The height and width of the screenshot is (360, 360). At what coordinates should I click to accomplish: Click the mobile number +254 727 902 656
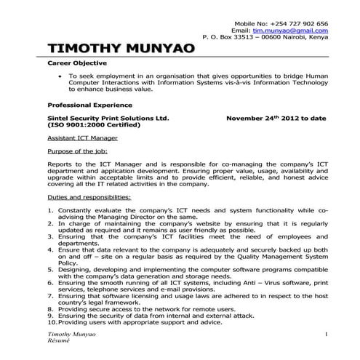[x=298, y=23]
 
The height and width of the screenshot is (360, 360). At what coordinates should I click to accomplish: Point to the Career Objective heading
[x=71, y=64]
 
